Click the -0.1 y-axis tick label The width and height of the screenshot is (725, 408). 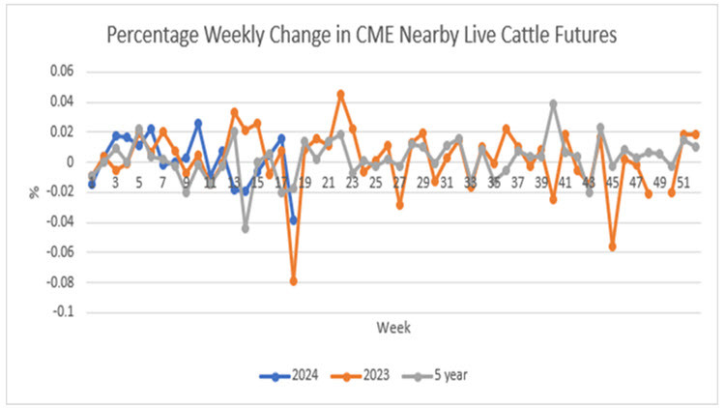(60, 312)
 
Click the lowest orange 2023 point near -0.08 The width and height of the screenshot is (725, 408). (293, 281)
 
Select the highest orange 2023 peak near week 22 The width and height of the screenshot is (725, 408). (340, 94)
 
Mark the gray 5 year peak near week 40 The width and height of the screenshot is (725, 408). (554, 103)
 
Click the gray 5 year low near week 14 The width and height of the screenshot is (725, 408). (246, 228)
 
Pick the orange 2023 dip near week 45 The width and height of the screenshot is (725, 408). (613, 247)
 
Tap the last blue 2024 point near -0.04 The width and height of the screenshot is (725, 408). (293, 220)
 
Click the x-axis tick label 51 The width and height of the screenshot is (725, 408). (684, 182)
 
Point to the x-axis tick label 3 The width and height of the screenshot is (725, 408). (115, 182)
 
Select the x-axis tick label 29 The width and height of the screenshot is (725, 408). (423, 182)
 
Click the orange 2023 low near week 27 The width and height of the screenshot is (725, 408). (399, 205)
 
